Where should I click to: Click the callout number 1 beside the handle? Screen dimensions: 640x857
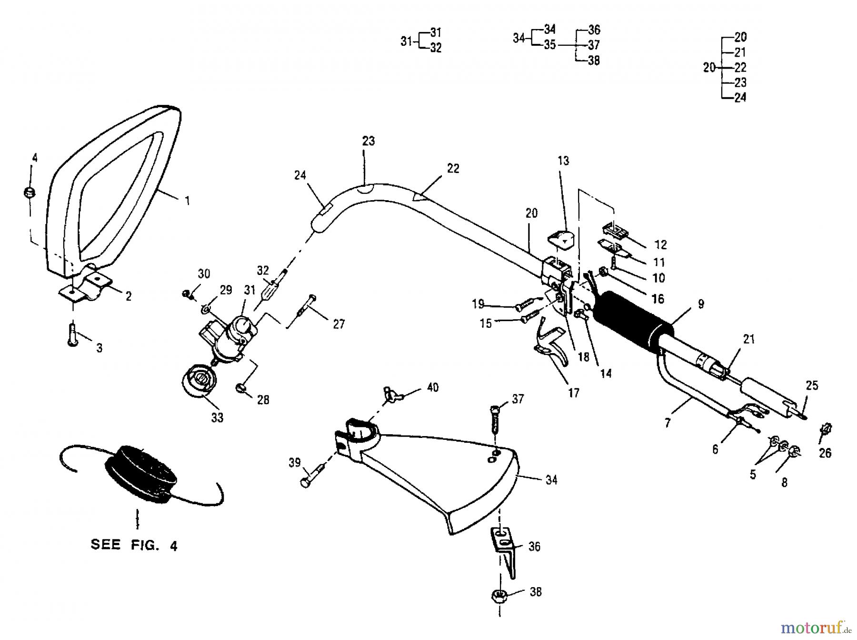click(x=187, y=201)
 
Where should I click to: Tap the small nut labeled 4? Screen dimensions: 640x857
click(x=30, y=193)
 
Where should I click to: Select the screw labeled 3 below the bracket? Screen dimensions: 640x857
click(x=73, y=335)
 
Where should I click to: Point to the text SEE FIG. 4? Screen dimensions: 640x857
click(x=134, y=545)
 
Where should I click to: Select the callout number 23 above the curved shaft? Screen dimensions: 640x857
click(x=368, y=141)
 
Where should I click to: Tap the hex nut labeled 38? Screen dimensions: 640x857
click(x=499, y=597)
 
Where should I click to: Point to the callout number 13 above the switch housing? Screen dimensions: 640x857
click(x=563, y=161)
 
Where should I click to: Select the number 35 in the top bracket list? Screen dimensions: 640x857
click(x=549, y=45)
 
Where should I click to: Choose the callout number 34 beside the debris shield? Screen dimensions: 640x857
click(x=551, y=480)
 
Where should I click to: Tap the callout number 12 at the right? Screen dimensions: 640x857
click(x=660, y=245)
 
